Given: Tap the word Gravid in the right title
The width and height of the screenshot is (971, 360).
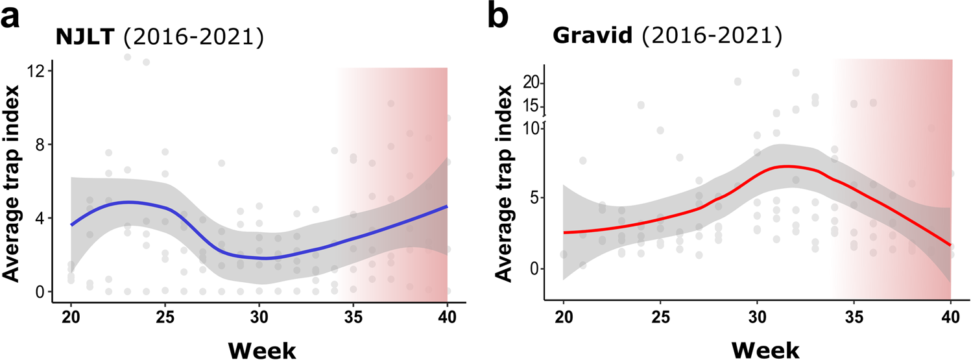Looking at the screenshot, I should tap(592, 37).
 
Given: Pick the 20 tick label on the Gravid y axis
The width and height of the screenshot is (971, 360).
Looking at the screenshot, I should tap(531, 82).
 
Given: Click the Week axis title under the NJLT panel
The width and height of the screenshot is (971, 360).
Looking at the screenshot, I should tap(259, 348).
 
